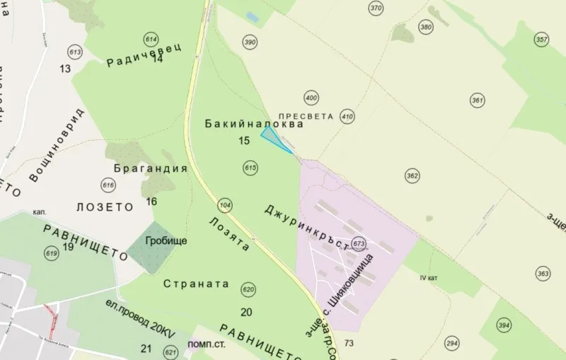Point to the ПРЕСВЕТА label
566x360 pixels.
[x=305, y=114]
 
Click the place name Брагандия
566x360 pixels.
[x=151, y=169]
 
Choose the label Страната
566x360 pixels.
[x=196, y=284]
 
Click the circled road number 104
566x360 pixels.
[x=225, y=205]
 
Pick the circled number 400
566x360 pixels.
[x=311, y=97]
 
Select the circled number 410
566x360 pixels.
[x=347, y=116]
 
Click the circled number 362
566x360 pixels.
[x=412, y=175]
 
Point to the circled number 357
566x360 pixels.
[x=542, y=40]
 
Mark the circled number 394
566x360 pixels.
[x=504, y=325]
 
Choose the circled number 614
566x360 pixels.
[x=151, y=40]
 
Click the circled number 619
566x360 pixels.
[x=51, y=253]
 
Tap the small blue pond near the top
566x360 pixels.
[x=252, y=16]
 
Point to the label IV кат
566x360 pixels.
[x=429, y=278]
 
